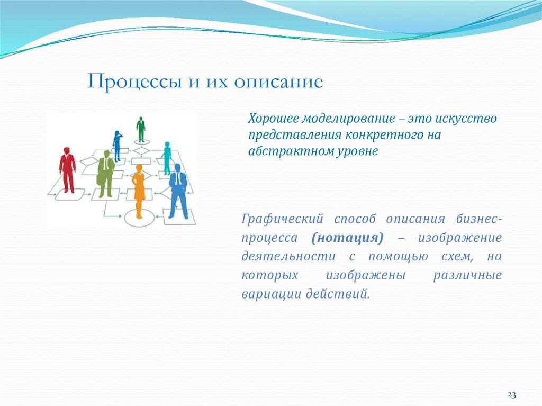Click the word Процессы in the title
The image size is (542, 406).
[132, 82]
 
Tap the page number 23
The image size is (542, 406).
[511, 395]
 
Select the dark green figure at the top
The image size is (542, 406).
[140, 129]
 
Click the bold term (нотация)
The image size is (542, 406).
[347, 238]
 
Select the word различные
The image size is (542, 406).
[467, 275]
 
